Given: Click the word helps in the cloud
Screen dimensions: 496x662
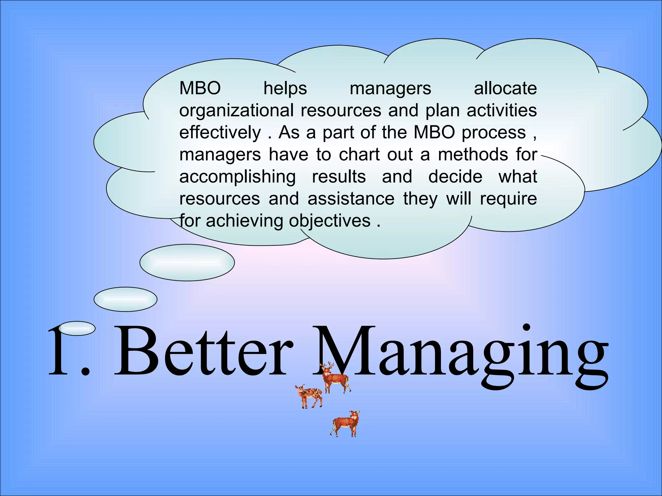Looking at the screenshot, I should pos(285,88).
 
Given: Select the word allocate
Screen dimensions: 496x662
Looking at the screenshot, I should pos(505,88).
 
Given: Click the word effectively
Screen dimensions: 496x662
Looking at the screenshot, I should pos(220,132).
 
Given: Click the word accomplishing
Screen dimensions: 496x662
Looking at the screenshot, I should pos(238,177).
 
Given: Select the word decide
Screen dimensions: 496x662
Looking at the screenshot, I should pos(455,177).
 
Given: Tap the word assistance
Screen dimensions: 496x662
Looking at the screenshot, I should pos(351,199).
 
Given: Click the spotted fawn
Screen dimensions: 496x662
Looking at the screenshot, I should pos(309,396).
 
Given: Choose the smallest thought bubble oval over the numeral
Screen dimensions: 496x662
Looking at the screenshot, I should pos(77,328).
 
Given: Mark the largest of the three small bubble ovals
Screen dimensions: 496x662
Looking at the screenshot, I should pos(187,262).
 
